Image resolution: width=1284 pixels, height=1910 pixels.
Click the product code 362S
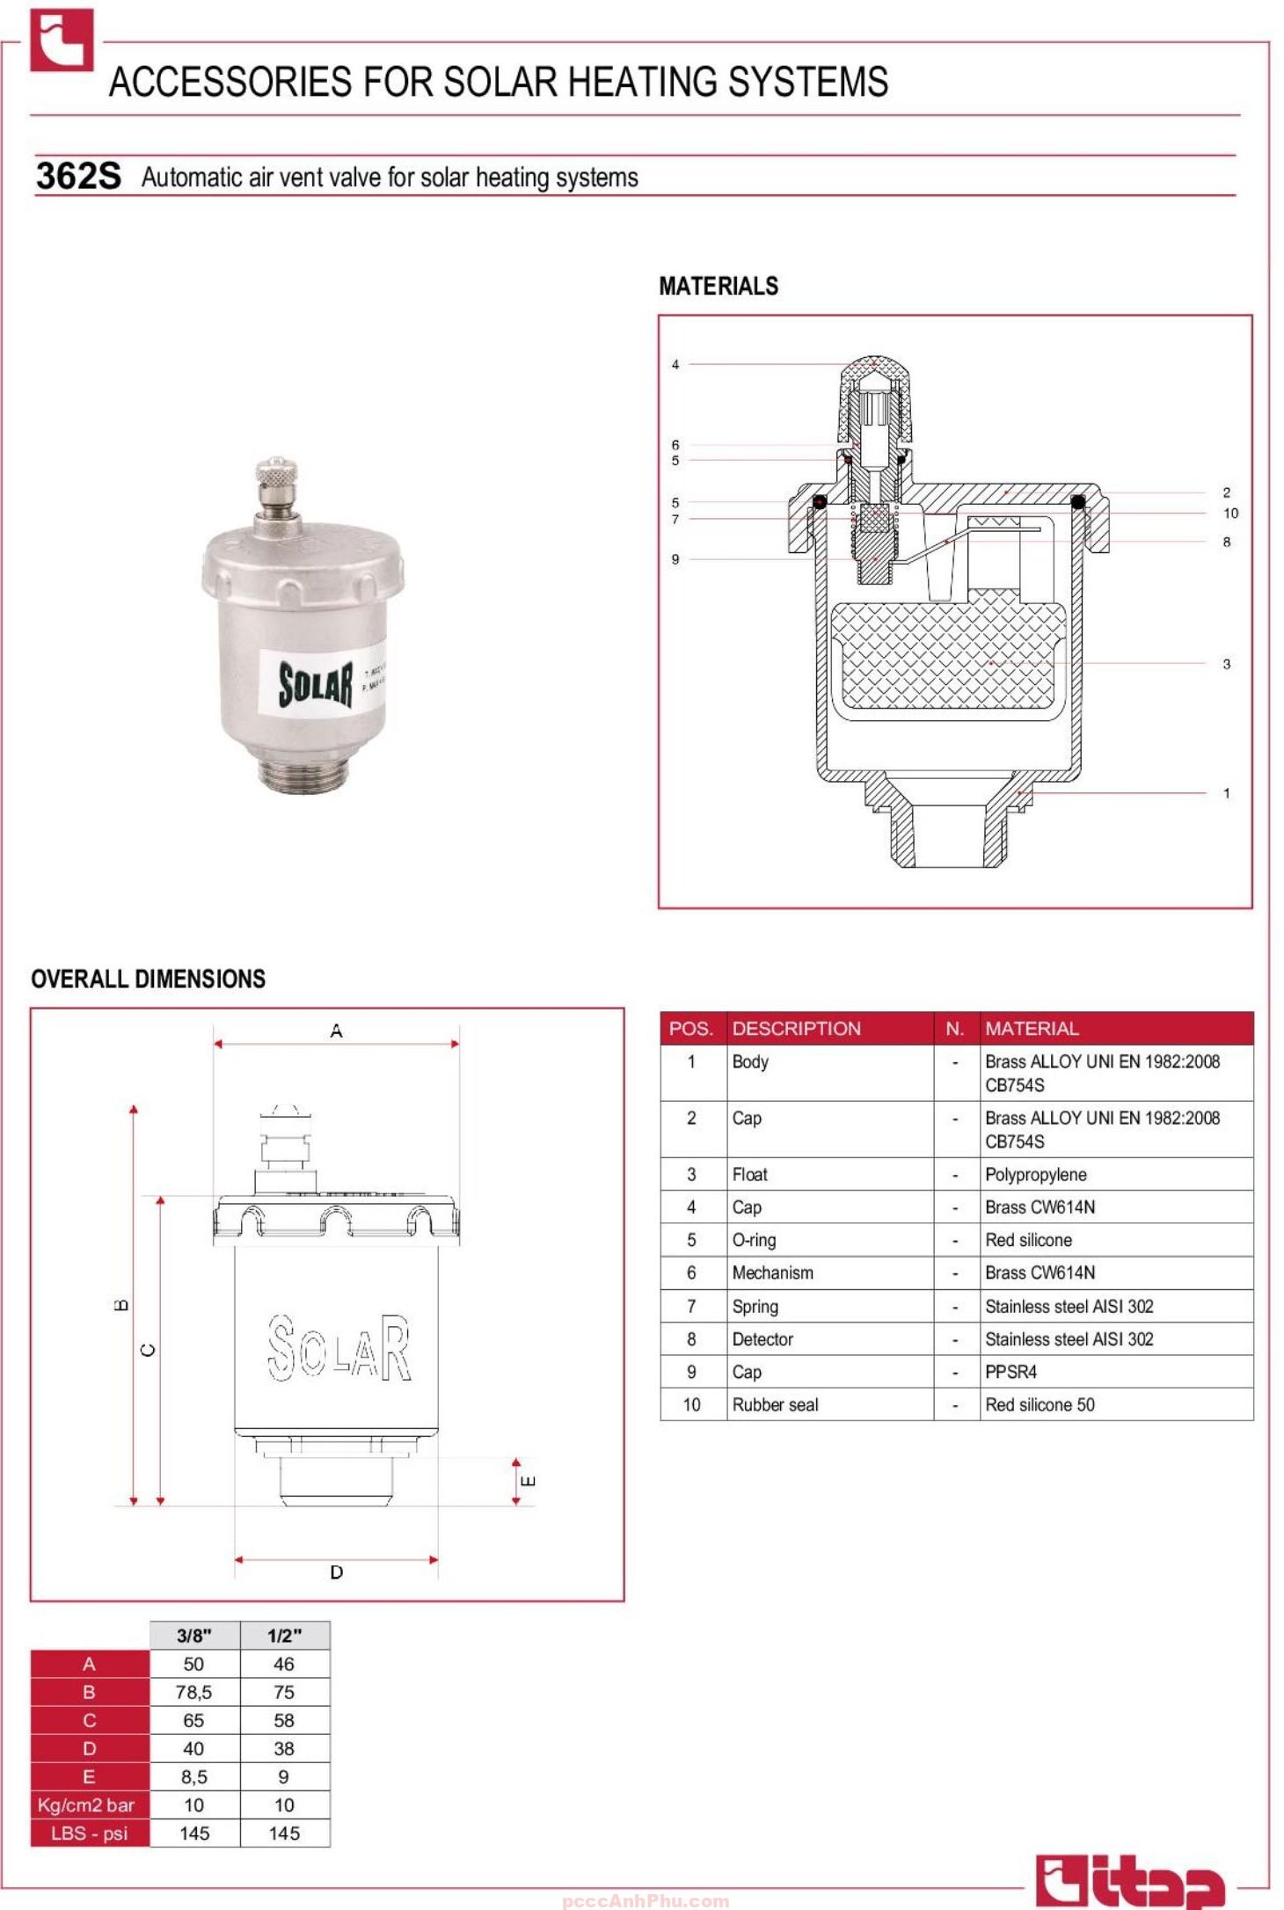pyautogui.click(x=78, y=176)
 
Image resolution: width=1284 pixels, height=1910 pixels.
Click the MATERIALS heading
pyautogui.click(x=718, y=286)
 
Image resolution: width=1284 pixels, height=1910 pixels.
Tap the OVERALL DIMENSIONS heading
pyautogui.click(x=148, y=979)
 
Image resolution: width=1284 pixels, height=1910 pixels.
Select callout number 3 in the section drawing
pyautogui.click(x=1226, y=664)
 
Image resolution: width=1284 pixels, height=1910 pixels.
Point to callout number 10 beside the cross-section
pyautogui.click(x=1229, y=514)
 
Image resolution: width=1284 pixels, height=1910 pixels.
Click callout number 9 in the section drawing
pyautogui.click(x=675, y=559)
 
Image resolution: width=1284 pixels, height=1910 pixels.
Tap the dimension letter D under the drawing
pyautogui.click(x=336, y=1571)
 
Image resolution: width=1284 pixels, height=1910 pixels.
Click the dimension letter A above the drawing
pyautogui.click(x=336, y=1031)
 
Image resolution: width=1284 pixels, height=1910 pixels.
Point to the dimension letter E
pyautogui.click(x=529, y=1481)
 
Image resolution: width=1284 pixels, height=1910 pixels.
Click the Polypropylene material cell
pyautogui.click(x=1035, y=1175)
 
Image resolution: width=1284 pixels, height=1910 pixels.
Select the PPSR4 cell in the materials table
pyautogui.click(x=1010, y=1372)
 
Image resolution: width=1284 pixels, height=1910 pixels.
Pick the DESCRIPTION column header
pyautogui.click(x=796, y=1028)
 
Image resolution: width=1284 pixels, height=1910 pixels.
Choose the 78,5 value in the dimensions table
pyautogui.click(x=193, y=1692)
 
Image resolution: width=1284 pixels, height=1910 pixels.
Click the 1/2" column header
pyautogui.click(x=284, y=1636)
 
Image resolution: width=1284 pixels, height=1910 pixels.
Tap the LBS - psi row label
pyautogui.click(x=89, y=1833)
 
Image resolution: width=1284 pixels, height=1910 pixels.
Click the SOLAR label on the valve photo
pyautogui.click(x=316, y=684)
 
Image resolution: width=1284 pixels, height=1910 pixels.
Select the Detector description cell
pyautogui.click(x=762, y=1339)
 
